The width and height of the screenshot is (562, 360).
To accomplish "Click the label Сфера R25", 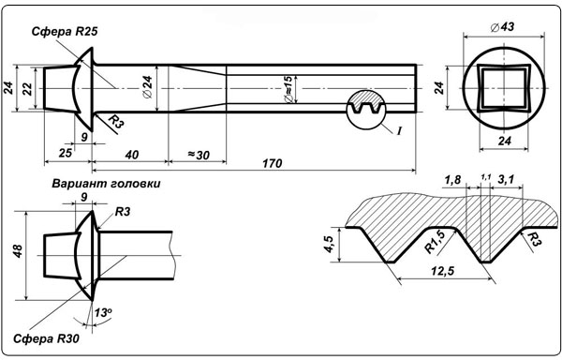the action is click(65, 32).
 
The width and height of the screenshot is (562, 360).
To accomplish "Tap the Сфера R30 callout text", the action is click(46, 338).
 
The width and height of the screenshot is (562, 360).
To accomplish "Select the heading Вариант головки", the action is click(106, 184).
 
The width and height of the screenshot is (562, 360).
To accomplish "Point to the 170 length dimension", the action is click(272, 163).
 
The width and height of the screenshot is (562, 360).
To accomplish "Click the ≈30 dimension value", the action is click(199, 155).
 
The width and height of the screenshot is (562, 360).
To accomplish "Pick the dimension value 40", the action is click(131, 155).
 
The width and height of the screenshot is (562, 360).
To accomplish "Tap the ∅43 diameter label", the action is click(502, 26).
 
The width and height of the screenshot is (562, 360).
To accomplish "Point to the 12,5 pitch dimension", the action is click(442, 272).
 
